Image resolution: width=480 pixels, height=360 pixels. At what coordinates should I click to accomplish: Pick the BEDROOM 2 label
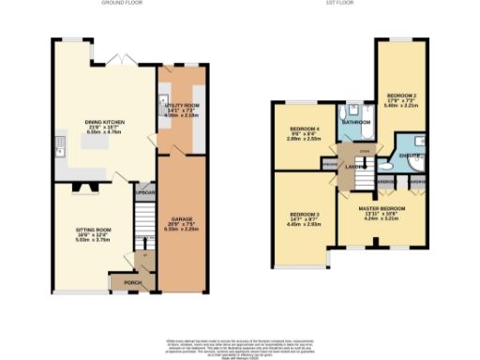click(x=401, y=97)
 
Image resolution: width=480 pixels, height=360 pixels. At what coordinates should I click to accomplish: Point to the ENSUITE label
click(x=408, y=153)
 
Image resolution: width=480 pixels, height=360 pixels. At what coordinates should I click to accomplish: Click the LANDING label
click(x=354, y=167)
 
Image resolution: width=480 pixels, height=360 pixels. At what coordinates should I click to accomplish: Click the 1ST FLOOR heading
click(x=363, y=4)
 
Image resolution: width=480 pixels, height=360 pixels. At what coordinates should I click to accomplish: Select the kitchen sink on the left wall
click(x=58, y=144)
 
